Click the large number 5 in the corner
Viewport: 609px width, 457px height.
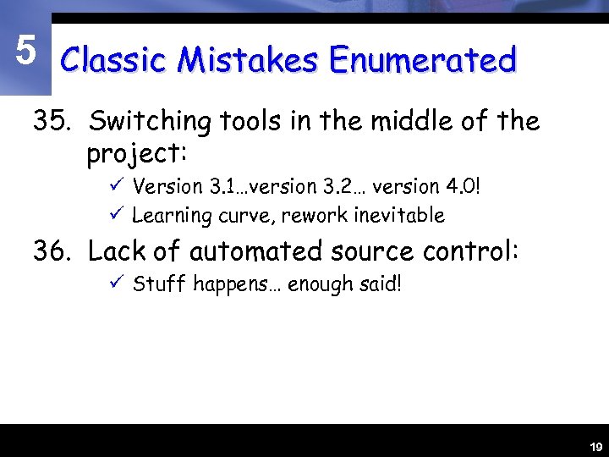26,52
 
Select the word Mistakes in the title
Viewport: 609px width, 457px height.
249,60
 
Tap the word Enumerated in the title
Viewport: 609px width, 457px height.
422,60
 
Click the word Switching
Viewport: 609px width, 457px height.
150,123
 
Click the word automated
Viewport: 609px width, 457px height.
255,251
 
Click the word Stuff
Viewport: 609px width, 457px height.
160,284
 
